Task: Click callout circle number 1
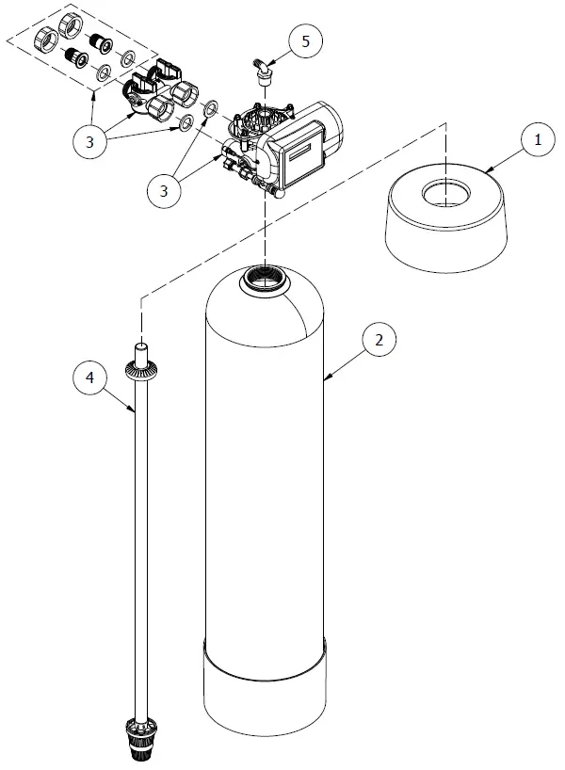click(538, 140)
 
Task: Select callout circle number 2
click(379, 340)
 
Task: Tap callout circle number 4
click(90, 378)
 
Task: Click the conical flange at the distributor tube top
click(139, 368)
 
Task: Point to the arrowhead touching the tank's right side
click(325, 379)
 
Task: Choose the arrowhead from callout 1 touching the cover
click(490, 168)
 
